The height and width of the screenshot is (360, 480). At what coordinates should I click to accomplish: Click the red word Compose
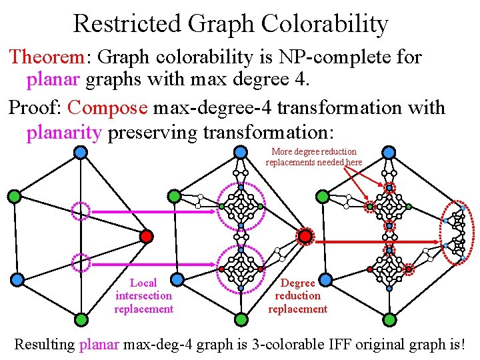pos(107,107)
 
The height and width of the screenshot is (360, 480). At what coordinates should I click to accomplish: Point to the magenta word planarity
pos(63,132)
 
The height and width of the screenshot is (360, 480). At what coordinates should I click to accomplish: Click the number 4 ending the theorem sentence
pos(301,81)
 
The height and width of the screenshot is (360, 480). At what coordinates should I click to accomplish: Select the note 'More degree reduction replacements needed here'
pos(314,157)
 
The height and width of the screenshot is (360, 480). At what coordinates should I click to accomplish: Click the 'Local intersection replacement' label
pos(143,296)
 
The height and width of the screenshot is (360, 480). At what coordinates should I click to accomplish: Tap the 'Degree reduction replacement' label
pos(297,296)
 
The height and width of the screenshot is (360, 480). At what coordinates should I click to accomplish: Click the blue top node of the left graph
pos(79,153)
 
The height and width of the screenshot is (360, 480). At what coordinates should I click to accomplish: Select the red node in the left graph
pos(147,236)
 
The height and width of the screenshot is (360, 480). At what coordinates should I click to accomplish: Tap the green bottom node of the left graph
pos(79,320)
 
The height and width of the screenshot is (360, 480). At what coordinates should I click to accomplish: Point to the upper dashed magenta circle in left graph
pos(81,211)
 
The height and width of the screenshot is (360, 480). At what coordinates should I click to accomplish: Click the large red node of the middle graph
pos(305,236)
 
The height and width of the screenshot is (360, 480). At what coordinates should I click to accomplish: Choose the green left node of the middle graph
pos(174,196)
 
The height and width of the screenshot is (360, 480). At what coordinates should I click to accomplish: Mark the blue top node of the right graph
pos(389,153)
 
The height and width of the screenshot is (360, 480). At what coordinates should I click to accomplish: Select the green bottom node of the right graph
pos(389,320)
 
